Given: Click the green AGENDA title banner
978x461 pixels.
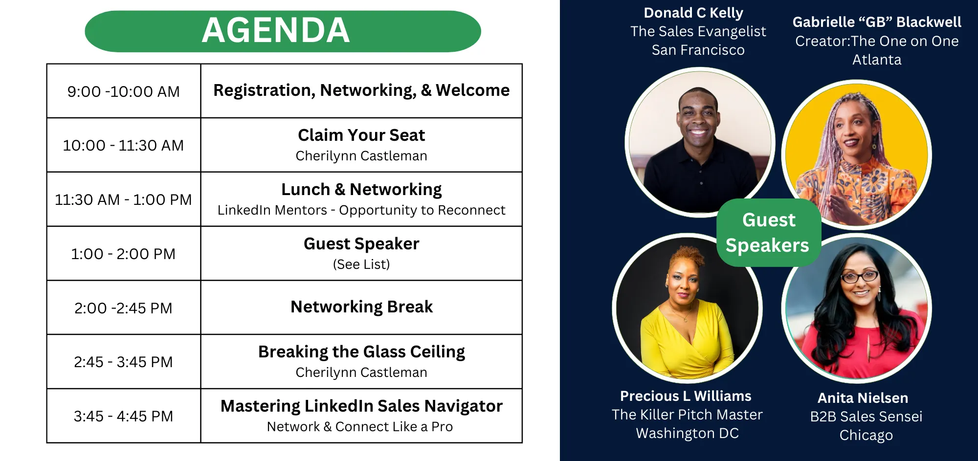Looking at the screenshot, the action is (283, 31).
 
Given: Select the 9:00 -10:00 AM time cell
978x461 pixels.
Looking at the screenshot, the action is (124, 91).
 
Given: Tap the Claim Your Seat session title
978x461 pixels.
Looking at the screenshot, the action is (361, 135).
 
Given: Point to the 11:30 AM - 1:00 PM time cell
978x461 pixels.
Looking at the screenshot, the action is (124, 199).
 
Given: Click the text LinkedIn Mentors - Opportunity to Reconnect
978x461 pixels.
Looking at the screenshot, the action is (361, 210).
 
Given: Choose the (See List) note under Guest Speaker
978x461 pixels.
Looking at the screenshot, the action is (361, 264).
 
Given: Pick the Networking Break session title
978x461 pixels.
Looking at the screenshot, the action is (361, 307).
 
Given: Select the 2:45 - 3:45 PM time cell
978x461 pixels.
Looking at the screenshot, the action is (124, 362).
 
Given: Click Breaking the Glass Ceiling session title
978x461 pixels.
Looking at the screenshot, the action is (361, 352).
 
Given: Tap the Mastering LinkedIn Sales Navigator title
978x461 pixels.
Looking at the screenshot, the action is (361, 406).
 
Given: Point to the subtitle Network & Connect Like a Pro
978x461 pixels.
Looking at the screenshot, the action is (360, 427).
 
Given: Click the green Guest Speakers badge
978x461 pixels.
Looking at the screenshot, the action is (768, 233).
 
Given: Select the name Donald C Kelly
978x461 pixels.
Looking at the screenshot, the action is (693, 13).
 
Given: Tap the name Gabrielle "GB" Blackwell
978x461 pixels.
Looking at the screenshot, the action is (877, 22).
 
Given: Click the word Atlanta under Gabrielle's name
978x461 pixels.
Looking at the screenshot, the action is (877, 60).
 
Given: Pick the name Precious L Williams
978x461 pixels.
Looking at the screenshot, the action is (686, 396).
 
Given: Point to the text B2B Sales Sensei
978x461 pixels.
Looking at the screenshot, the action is (866, 417).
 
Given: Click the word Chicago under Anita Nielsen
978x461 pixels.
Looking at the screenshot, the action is (866, 435).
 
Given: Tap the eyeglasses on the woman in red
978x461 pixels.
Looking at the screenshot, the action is (860, 277).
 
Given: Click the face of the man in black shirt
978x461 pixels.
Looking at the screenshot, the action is (698, 116).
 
